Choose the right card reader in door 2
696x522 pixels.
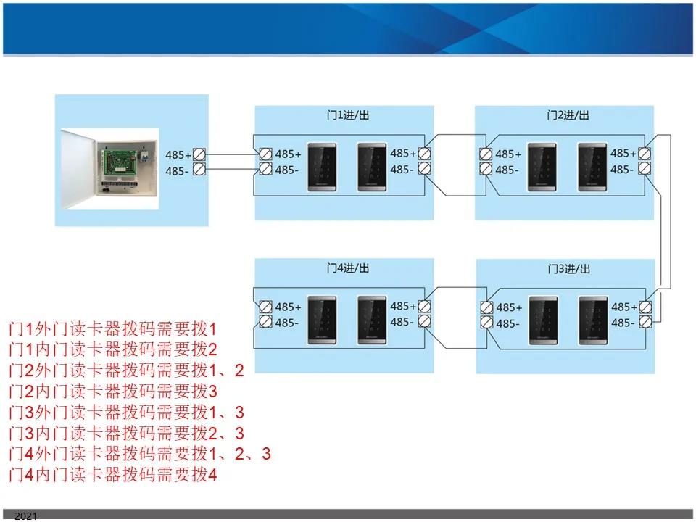click(x=592, y=167)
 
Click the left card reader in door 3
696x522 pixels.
click(x=542, y=320)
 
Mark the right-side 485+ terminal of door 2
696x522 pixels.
click(x=644, y=153)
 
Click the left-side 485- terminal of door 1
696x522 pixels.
click(x=266, y=170)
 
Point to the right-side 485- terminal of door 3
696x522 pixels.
click(x=645, y=323)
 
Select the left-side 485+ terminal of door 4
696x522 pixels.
click(x=266, y=307)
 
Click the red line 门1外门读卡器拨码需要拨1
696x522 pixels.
click(x=112, y=328)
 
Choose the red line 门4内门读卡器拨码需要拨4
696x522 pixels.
click(x=112, y=476)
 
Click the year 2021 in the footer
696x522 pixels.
click(x=25, y=516)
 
